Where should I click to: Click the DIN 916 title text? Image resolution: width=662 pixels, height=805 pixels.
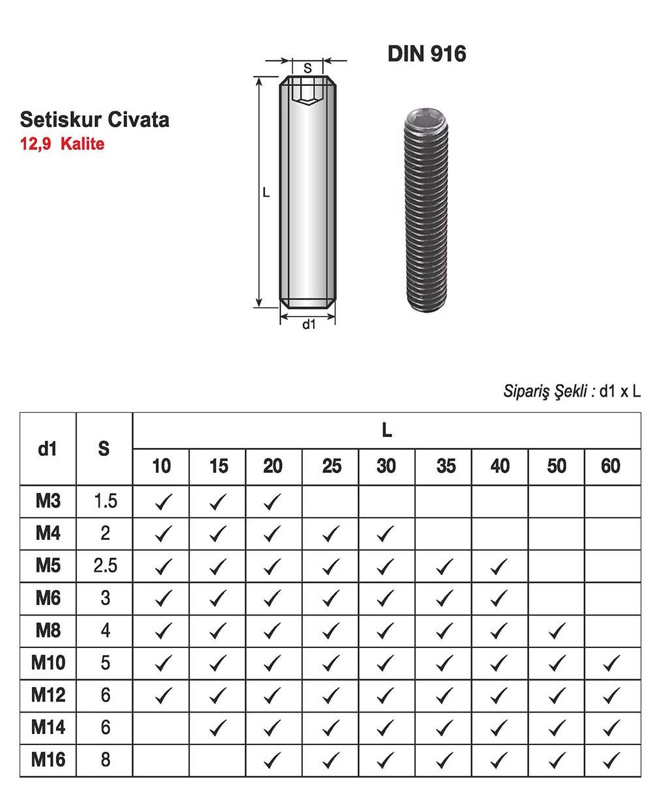pyautogui.click(x=426, y=53)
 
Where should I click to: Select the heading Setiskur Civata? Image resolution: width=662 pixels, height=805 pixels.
pyautogui.click(x=94, y=120)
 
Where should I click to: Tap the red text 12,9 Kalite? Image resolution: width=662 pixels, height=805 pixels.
pyautogui.click(x=62, y=144)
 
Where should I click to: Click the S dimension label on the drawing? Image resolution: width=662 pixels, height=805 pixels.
pyautogui.click(x=308, y=68)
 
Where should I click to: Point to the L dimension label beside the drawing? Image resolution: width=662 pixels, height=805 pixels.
pyautogui.click(x=266, y=193)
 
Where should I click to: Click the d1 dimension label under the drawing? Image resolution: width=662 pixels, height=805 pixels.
pyautogui.click(x=309, y=324)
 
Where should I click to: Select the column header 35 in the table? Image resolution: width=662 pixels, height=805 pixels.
pyautogui.click(x=445, y=466)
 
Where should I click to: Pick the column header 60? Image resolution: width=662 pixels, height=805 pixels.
pyautogui.click(x=611, y=466)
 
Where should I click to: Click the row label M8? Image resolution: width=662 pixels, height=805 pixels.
pyautogui.click(x=48, y=630)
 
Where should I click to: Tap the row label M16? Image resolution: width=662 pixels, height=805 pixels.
pyautogui.click(x=48, y=759)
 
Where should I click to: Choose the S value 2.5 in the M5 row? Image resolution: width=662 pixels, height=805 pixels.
pyautogui.click(x=105, y=565)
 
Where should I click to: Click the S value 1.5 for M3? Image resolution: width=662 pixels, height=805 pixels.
pyautogui.click(x=105, y=501)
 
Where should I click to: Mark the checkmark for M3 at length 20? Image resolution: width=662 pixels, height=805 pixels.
pyautogui.click(x=273, y=501)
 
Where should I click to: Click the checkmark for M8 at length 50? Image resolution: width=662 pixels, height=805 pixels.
pyautogui.click(x=556, y=630)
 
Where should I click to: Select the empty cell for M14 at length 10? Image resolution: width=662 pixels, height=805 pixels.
pyautogui.click(x=161, y=727)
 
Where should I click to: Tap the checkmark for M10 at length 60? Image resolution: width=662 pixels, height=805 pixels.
pyautogui.click(x=611, y=663)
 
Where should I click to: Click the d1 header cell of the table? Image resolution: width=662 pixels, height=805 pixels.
pyautogui.click(x=48, y=449)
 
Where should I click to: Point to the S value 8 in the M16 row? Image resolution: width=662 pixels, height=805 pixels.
pyautogui.click(x=105, y=759)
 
